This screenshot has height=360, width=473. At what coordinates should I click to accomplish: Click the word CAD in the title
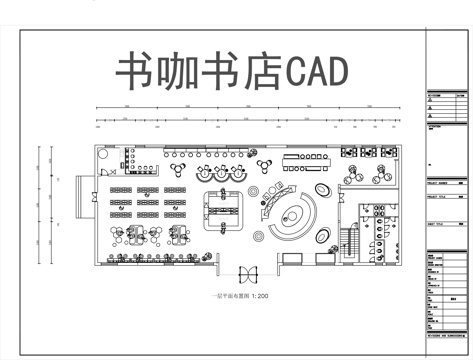point(318,71)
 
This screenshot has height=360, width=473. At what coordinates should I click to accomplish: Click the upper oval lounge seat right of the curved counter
point(324,187)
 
